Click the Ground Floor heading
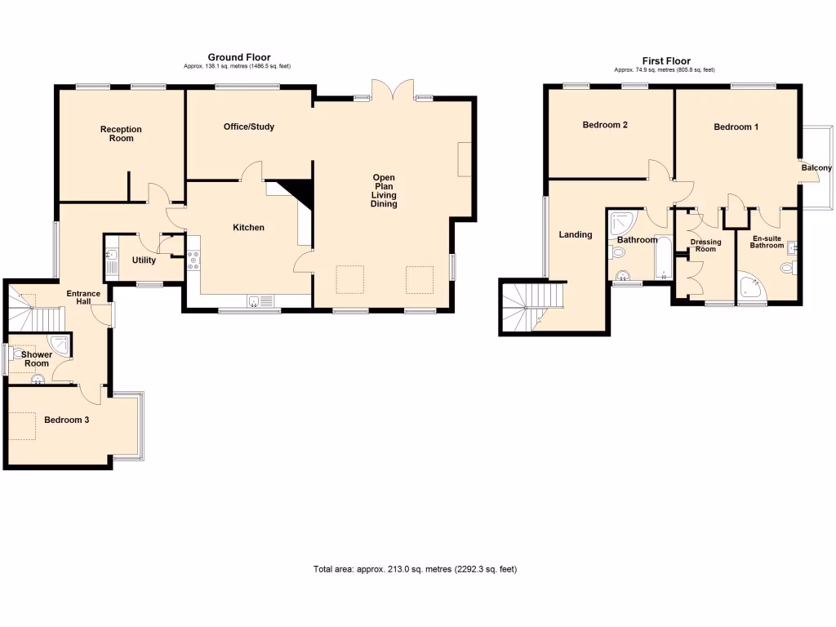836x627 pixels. (238, 57)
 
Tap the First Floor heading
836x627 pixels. (665, 61)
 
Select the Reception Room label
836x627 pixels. (121, 134)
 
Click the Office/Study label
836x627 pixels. (249, 127)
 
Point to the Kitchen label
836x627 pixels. (248, 228)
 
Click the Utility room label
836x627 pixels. (144, 260)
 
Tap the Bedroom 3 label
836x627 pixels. (66, 420)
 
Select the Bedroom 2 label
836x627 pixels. (604, 126)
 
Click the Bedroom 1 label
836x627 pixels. (736, 127)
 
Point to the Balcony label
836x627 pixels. (816, 168)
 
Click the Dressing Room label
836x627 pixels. (705, 246)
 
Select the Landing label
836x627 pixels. (575, 235)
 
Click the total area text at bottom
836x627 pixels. (415, 569)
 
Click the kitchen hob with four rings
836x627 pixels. (194, 260)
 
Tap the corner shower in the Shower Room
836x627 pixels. (59, 343)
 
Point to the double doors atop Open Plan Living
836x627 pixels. (389, 90)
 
